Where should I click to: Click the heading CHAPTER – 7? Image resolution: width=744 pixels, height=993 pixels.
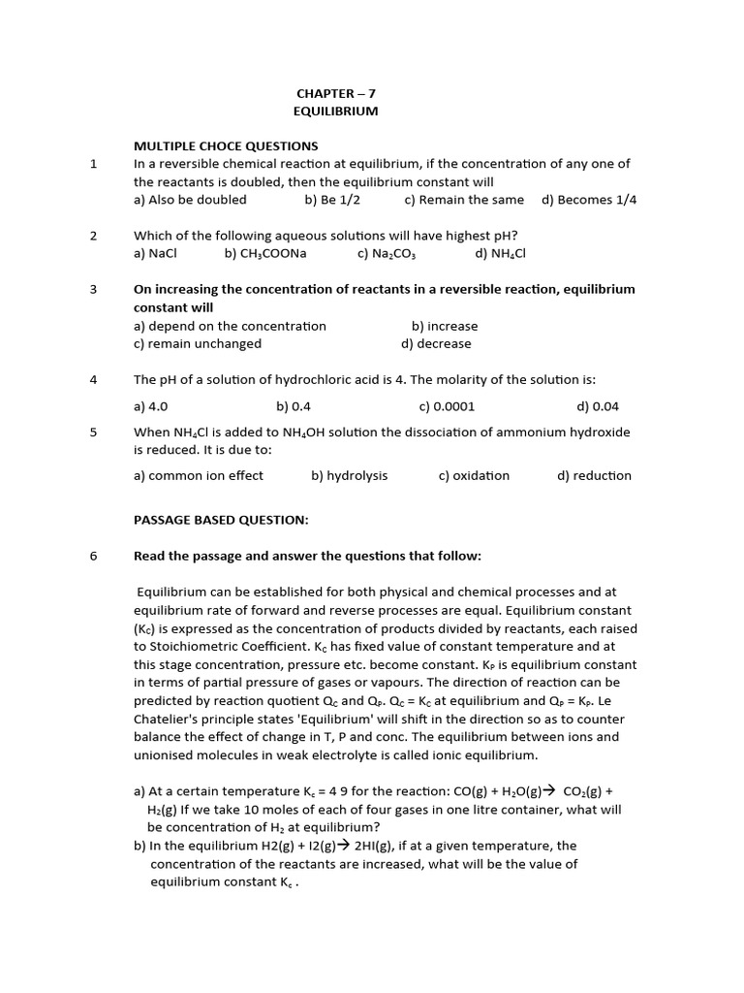point(335,93)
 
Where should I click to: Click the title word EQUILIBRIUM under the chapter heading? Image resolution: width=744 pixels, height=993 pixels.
point(335,112)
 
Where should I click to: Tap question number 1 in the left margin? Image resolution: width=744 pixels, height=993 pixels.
point(94,164)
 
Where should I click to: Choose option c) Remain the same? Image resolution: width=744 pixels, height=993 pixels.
point(464,200)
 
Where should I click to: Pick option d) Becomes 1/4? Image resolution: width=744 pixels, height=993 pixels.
point(589,200)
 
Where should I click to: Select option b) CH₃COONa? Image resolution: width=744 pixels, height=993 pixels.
point(265,254)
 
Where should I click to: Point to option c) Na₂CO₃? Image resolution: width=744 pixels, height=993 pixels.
point(387,254)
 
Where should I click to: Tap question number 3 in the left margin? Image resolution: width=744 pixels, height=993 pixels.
point(94,289)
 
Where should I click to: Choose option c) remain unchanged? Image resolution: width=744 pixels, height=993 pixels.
point(198,343)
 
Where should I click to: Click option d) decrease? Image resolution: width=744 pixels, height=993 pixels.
point(436,343)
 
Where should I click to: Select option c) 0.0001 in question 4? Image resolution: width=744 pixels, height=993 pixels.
point(447,406)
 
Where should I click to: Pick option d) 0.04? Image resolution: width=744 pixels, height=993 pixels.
point(598,406)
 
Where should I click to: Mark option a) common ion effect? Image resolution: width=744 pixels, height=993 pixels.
point(199,475)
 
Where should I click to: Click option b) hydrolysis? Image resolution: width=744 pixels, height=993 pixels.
point(349,475)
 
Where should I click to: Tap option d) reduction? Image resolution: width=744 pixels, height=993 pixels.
point(594,475)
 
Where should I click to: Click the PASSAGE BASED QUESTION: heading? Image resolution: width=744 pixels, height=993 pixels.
point(221,520)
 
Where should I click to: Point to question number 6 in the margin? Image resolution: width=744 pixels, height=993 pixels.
point(94,556)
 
